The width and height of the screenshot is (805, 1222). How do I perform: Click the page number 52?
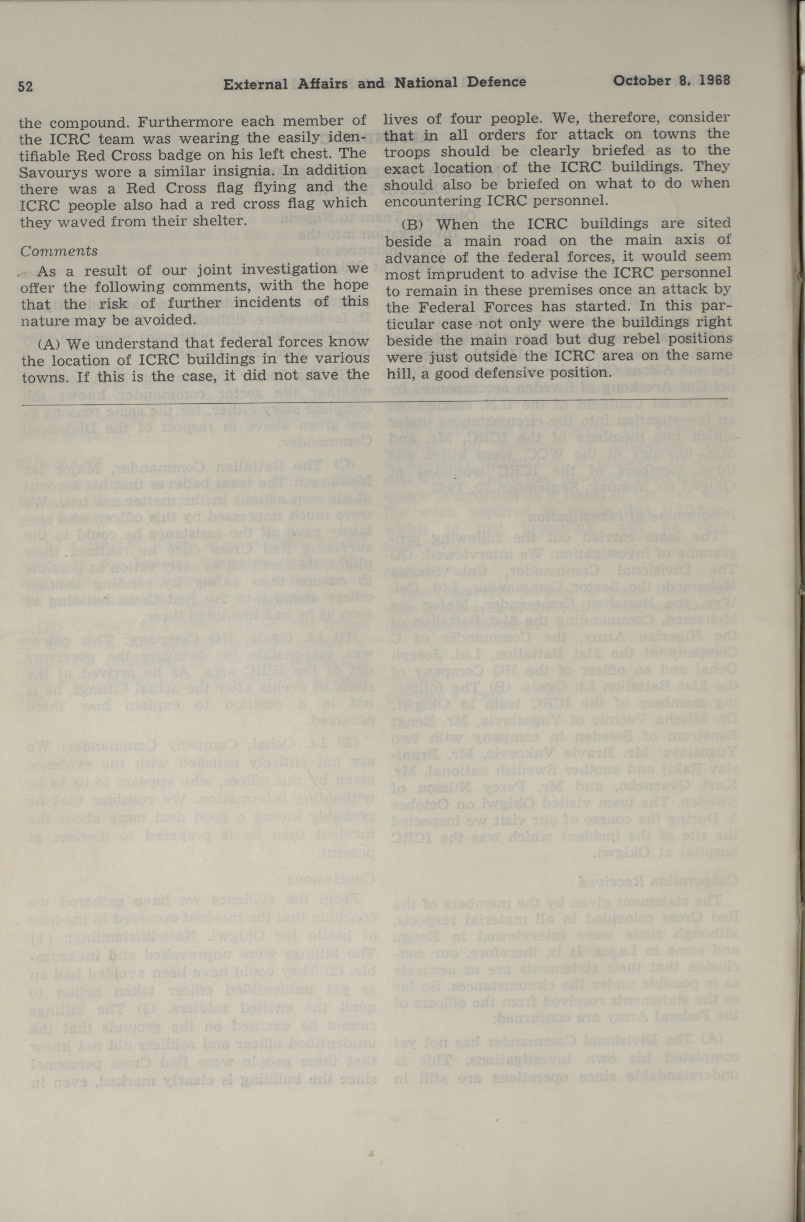tap(26, 86)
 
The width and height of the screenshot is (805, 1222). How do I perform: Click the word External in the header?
tap(255, 84)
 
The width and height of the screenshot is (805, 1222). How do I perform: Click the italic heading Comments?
tap(59, 251)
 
